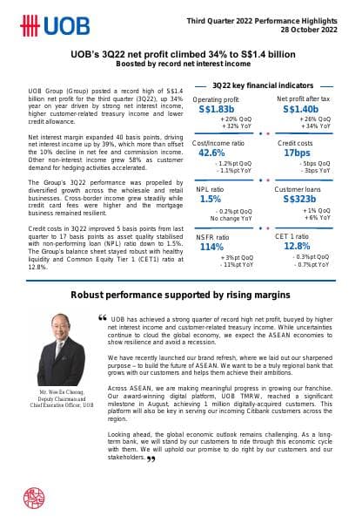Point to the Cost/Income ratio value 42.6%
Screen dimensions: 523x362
212,153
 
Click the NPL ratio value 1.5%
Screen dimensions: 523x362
210,199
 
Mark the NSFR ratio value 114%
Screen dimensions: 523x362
212,247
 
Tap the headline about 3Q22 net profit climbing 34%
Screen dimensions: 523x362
181,54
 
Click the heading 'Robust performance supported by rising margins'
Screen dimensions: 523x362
181,295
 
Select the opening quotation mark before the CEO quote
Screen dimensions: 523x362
104,316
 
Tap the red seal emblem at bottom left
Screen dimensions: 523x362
35,498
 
